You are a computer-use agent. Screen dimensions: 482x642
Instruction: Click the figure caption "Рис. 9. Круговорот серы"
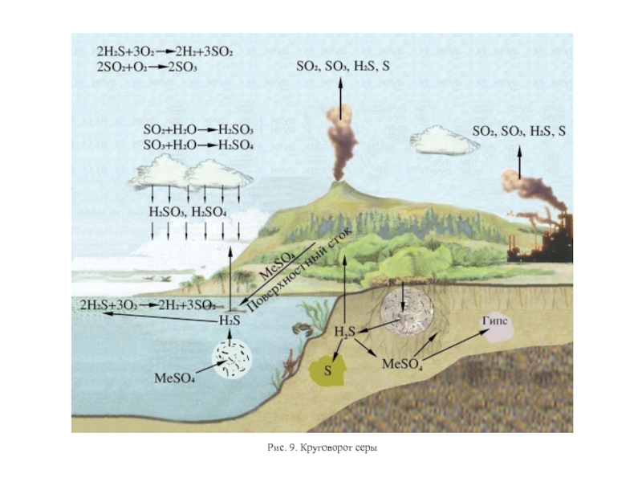tap(321, 447)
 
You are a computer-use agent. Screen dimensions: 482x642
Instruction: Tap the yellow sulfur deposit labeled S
tap(328, 372)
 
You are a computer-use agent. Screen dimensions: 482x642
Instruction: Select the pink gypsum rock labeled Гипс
tap(496, 329)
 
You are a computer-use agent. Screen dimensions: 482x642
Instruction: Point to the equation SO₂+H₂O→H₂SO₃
tap(198, 129)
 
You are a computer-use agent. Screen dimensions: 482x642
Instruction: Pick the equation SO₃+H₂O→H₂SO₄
tap(198, 145)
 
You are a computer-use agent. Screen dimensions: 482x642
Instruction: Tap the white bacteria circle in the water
tap(233, 359)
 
